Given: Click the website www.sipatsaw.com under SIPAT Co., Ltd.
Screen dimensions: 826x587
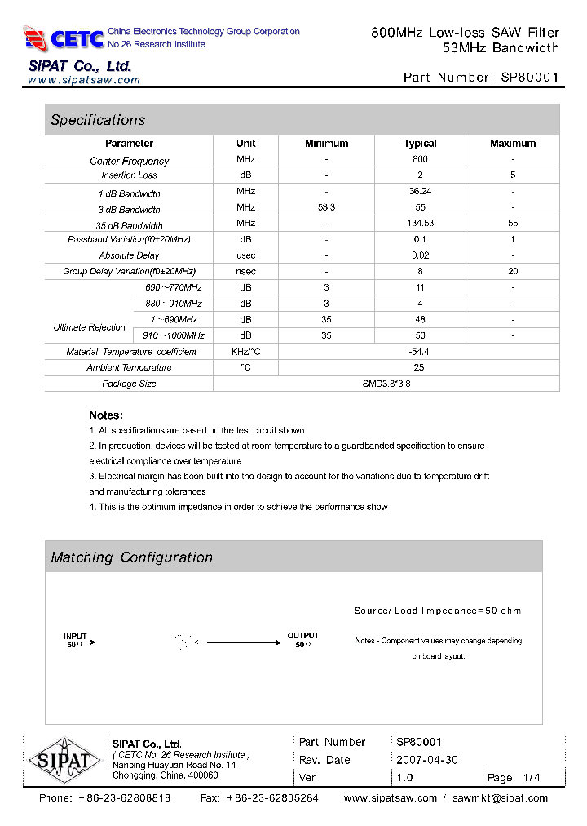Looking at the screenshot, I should click(x=84, y=80).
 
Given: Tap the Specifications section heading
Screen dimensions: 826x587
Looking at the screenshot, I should click(x=98, y=120).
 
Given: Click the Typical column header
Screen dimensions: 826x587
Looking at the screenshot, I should click(x=420, y=144).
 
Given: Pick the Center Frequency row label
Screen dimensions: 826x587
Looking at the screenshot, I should click(x=129, y=161).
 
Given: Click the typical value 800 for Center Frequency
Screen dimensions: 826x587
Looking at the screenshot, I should click(x=420, y=160).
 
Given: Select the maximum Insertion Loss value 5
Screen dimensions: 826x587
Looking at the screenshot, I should click(x=513, y=175).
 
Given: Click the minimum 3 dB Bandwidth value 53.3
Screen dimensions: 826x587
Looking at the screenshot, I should click(x=326, y=208).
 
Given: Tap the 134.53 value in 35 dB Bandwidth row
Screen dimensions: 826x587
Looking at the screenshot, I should click(x=420, y=224).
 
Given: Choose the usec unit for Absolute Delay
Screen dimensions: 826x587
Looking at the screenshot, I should click(x=245, y=255).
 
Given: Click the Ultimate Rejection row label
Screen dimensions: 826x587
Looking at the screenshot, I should click(x=90, y=327).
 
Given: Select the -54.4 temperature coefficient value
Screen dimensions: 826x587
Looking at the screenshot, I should click(x=420, y=351).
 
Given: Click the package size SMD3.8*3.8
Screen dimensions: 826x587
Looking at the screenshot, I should click(x=386, y=384).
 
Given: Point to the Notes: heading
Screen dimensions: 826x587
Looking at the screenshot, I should click(x=106, y=415).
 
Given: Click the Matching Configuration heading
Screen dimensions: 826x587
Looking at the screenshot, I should click(x=131, y=557).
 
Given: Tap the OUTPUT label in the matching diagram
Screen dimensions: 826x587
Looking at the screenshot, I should click(x=303, y=635).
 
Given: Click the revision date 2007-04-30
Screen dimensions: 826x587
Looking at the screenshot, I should click(x=427, y=760).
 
